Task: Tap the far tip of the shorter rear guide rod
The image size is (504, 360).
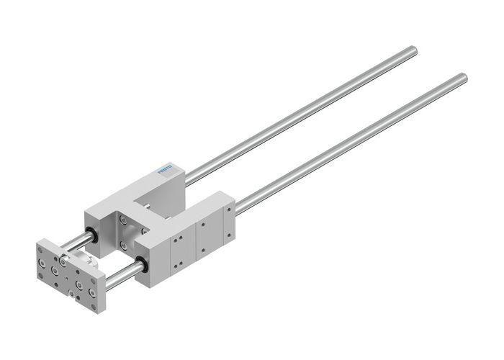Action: [x=412, y=50]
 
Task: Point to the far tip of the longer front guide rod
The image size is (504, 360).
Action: [x=462, y=78]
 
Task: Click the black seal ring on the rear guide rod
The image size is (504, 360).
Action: [x=93, y=234]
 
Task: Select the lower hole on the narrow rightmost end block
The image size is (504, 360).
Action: [x=228, y=235]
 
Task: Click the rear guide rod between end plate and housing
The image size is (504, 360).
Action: [x=76, y=242]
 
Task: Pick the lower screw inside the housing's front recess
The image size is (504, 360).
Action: [x=123, y=245]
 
